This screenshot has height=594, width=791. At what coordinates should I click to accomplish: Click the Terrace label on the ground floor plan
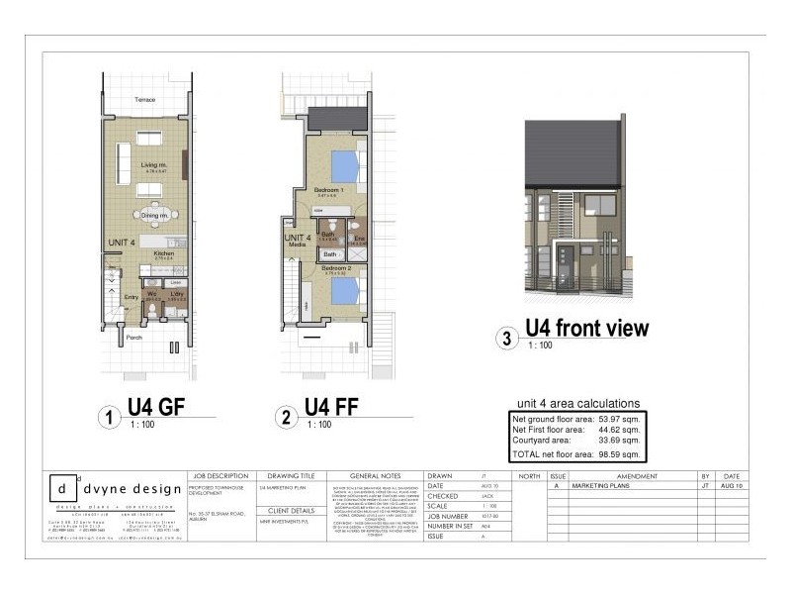[x=146, y=101]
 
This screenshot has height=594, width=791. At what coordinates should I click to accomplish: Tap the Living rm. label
[x=152, y=164]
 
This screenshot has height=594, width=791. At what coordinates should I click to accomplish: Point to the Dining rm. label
[x=152, y=215]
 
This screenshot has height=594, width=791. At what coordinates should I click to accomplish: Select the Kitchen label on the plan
[x=163, y=253]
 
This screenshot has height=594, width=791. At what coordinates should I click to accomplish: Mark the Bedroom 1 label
[x=328, y=189]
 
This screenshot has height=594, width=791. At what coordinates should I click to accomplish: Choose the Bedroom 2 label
[x=334, y=268]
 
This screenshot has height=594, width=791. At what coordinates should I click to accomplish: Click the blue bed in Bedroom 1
[x=342, y=163]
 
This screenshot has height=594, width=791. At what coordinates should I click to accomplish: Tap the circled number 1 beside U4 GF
[x=109, y=418]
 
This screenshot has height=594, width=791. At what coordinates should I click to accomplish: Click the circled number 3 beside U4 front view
[x=507, y=339]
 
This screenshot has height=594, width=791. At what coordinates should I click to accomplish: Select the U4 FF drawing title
[x=329, y=408]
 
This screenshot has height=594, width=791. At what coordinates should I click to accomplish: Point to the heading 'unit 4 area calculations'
[x=578, y=403]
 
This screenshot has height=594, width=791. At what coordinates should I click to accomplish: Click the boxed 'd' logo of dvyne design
[x=63, y=489]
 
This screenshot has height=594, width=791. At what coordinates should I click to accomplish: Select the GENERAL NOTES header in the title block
[x=373, y=476]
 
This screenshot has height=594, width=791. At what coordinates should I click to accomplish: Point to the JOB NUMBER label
[x=448, y=516]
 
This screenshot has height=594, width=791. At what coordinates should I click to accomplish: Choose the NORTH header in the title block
[x=529, y=476]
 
